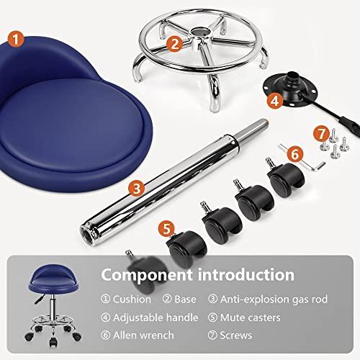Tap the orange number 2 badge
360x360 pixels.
(173, 43)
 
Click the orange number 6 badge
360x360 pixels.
(294, 153)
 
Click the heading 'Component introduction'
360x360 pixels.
(197, 274)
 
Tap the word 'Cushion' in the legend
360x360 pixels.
(132, 299)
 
